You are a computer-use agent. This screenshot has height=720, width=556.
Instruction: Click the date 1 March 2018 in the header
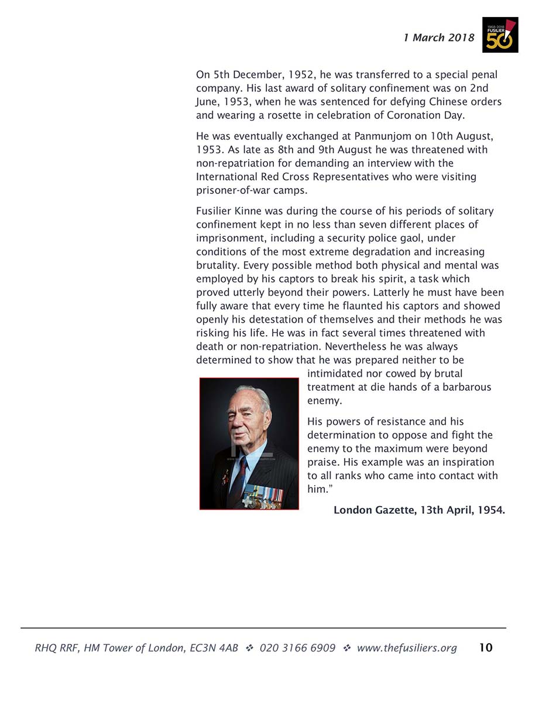click(438, 37)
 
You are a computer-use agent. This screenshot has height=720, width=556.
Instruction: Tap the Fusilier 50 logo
click(500, 35)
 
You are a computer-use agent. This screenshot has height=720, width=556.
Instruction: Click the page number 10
click(485, 647)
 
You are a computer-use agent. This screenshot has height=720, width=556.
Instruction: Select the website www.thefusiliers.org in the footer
click(406, 647)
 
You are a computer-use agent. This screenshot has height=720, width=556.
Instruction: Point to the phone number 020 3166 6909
click(297, 647)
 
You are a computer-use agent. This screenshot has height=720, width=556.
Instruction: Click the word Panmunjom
click(386, 137)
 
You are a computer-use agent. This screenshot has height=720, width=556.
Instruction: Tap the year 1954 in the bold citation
click(490, 510)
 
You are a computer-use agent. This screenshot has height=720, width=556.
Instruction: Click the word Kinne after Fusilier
click(248, 211)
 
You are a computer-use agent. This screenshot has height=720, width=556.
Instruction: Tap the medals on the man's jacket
click(263, 497)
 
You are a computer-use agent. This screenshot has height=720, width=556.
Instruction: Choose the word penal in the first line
click(483, 74)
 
